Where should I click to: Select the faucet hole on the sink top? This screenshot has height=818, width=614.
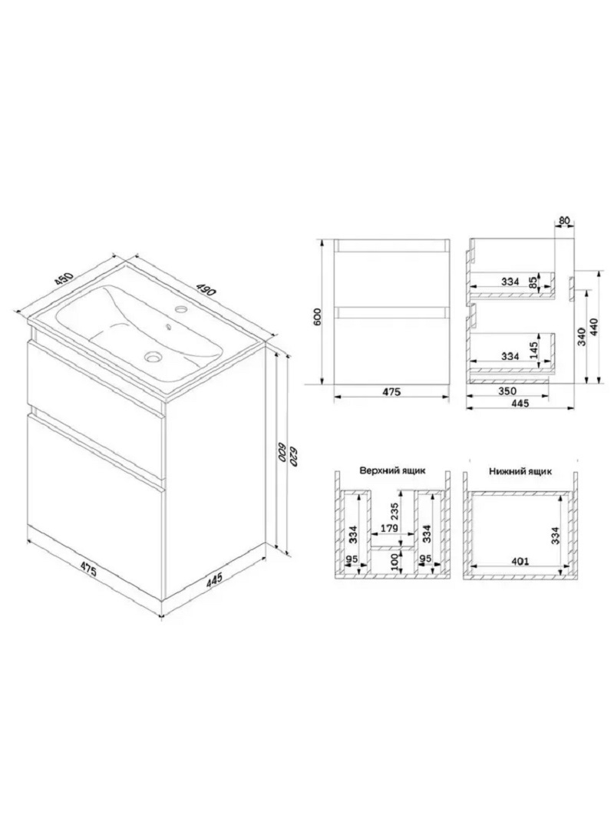(182, 308)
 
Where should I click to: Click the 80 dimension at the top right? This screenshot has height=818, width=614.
(564, 221)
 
